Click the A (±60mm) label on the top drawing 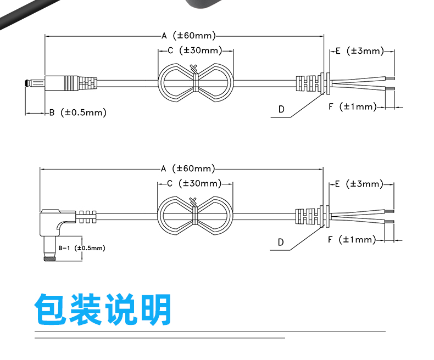click(x=189, y=36)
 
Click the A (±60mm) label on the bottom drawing click(x=188, y=168)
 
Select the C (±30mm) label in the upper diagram click(x=195, y=50)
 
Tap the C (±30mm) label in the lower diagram click(x=194, y=183)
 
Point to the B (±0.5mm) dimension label click(x=78, y=113)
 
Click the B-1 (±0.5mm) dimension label click(x=82, y=248)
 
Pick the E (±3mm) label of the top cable click(x=360, y=51)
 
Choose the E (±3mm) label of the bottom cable click(x=359, y=184)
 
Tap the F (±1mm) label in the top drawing click(x=353, y=106)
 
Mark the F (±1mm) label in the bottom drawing click(x=352, y=240)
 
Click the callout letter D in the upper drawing click(x=281, y=110)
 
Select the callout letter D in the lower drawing click(x=281, y=243)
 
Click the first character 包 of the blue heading click(x=51, y=309)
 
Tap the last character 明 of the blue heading click(x=155, y=309)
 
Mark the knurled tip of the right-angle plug click(x=49, y=259)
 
